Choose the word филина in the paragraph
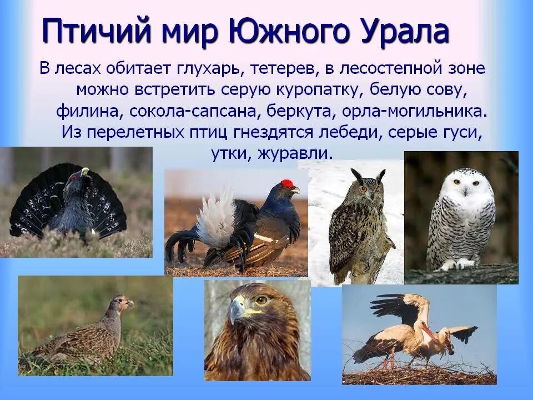[x=89, y=110]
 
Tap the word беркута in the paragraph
[x=299, y=110]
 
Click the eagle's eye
[x=261, y=301]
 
